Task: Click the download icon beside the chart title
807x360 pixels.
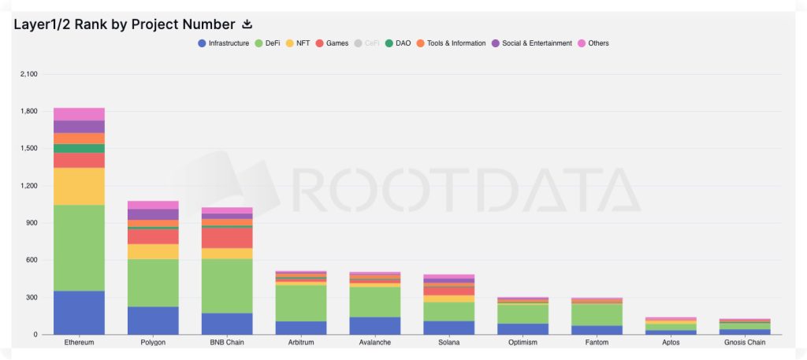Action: [247, 24]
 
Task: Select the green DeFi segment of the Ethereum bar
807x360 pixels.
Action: [79, 247]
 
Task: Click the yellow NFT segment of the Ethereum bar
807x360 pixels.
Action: [79, 186]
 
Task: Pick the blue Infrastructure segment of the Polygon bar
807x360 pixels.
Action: [153, 321]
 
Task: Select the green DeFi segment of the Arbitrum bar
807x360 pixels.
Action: [301, 302]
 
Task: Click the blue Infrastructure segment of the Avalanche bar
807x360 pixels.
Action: [375, 325]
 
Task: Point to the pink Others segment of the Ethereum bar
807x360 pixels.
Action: [79, 114]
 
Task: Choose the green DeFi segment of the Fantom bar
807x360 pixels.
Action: [597, 314]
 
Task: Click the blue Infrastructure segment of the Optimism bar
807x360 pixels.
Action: [523, 328]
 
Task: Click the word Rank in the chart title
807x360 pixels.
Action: [91, 24]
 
